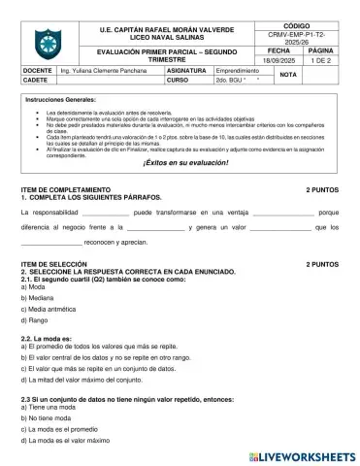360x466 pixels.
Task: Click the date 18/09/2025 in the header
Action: coord(279,61)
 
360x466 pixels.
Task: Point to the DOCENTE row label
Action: coord(37,71)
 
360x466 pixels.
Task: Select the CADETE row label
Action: coord(35,81)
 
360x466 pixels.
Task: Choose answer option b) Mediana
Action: coord(38,299)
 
